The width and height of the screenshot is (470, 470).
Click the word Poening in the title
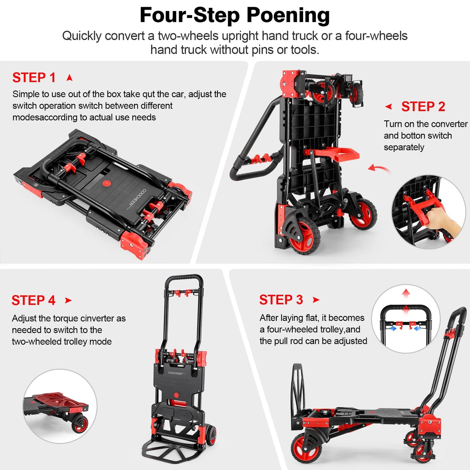(288, 15)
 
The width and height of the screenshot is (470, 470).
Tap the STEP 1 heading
(34, 78)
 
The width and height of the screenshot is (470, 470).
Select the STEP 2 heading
(423, 107)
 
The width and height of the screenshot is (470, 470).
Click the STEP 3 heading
(281, 300)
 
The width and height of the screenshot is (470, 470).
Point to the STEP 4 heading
(33, 301)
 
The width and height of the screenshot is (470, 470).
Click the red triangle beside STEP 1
(69, 78)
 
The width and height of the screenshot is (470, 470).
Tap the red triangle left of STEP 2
(388, 106)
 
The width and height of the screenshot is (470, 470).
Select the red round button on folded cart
(106, 183)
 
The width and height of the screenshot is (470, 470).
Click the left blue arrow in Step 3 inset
(393, 329)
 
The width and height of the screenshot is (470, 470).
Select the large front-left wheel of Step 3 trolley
(304, 448)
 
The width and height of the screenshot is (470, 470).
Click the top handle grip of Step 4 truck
(184, 278)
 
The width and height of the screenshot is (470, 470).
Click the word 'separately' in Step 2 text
(404, 147)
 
